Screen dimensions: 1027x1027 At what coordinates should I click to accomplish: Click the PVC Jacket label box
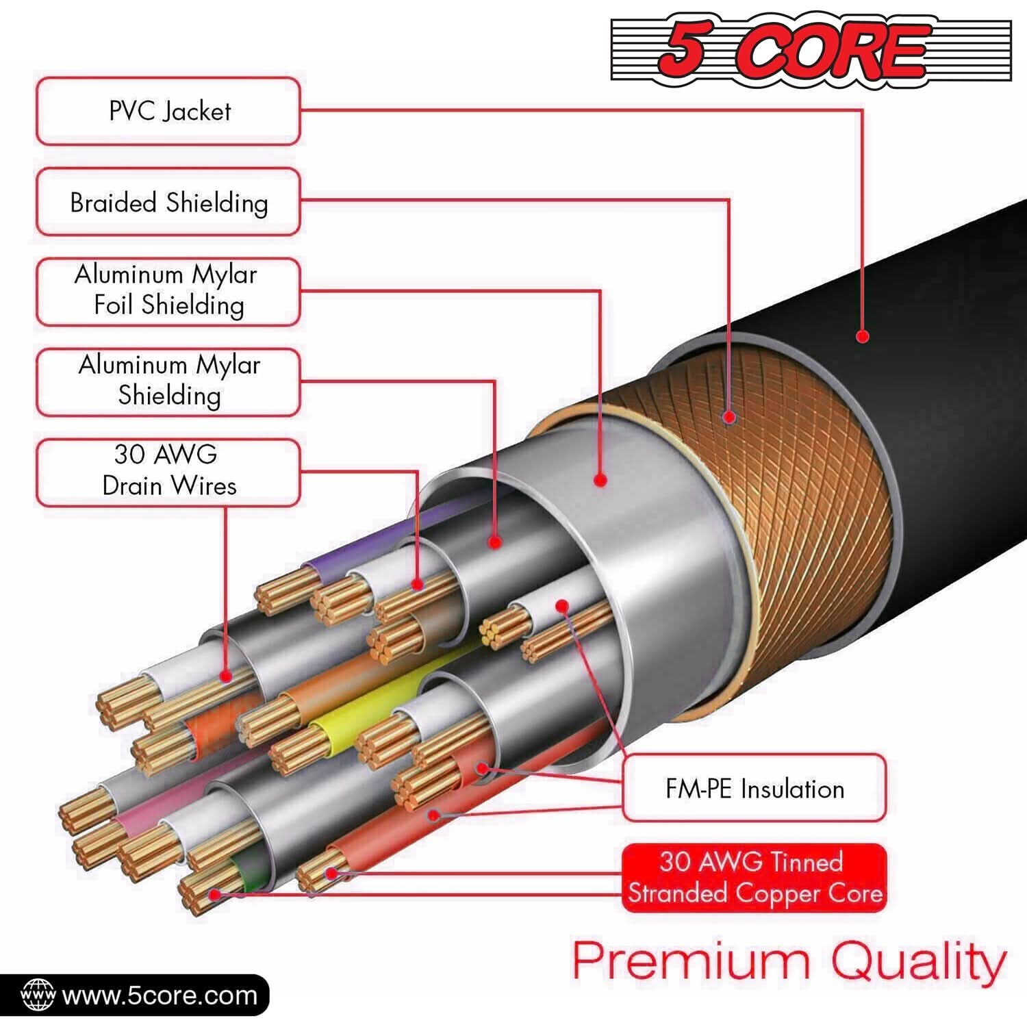pyautogui.click(x=168, y=111)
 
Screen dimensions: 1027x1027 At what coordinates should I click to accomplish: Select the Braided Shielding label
pyautogui.click(x=168, y=202)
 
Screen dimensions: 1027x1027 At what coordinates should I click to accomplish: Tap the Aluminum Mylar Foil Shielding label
pyautogui.click(x=168, y=291)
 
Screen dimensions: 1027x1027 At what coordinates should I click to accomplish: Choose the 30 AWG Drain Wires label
pyautogui.click(x=168, y=471)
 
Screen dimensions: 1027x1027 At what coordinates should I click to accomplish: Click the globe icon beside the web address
pyautogui.click(x=38, y=996)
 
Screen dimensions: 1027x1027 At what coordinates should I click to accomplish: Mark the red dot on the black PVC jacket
pyautogui.click(x=863, y=336)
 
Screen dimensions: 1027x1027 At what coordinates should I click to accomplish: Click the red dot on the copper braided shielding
pyautogui.click(x=729, y=416)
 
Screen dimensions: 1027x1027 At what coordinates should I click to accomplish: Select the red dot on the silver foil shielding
pyautogui.click(x=600, y=480)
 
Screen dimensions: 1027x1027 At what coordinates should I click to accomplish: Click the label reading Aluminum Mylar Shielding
pyautogui.click(x=168, y=381)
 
